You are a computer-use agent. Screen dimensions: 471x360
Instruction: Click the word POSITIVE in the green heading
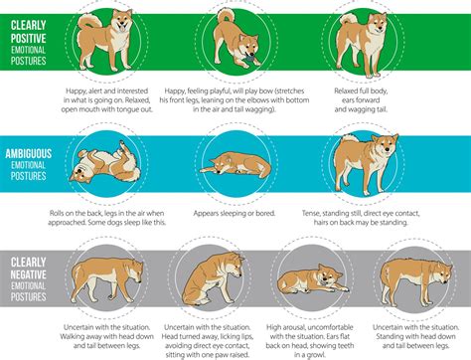[28, 38]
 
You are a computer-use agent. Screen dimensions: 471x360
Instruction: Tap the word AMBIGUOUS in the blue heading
[29, 153]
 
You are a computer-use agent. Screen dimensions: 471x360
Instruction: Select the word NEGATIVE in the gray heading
[28, 274]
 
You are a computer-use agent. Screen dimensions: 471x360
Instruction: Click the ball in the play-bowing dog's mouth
[250, 60]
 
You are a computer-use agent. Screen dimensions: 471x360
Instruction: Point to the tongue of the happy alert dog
[122, 29]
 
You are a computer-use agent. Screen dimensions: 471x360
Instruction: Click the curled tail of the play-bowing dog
[227, 17]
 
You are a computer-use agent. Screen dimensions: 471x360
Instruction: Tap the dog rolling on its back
[104, 162]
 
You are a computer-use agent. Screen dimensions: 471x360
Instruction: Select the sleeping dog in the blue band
[235, 165]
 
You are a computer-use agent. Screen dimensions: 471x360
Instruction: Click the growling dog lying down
[312, 279]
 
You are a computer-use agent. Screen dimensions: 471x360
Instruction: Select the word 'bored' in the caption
[265, 213]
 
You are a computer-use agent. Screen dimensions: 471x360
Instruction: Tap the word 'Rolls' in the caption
[57, 213]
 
